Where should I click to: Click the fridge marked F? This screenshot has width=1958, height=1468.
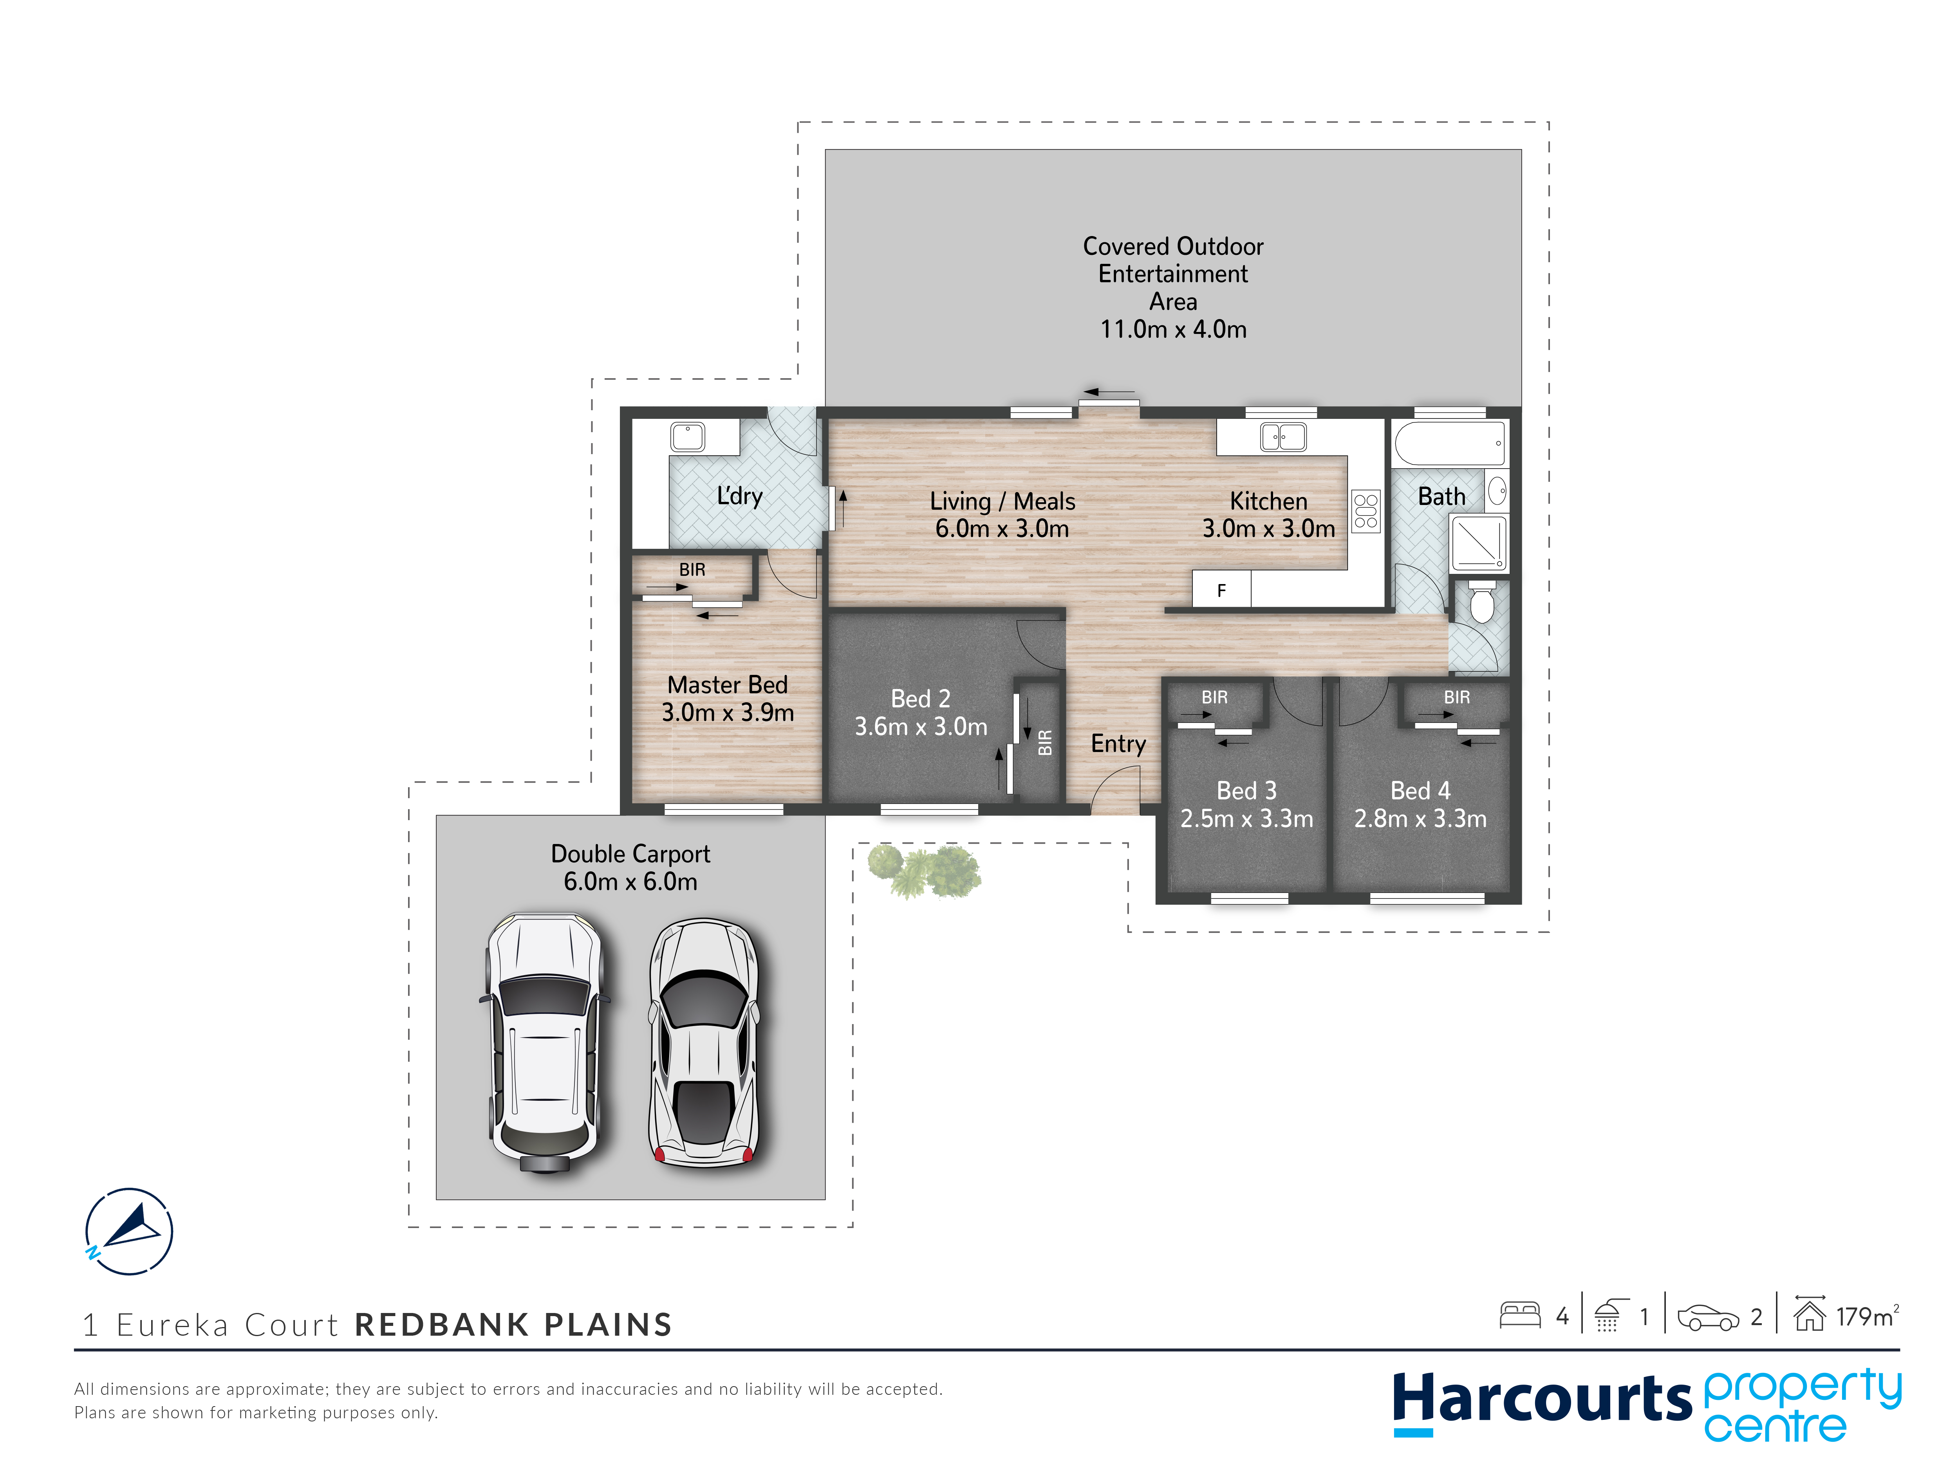(1221, 589)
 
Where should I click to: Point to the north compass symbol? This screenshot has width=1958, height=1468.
(129, 1231)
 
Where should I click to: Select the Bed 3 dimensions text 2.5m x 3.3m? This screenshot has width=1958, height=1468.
(1246, 819)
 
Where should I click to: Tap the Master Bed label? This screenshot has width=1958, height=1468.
(728, 685)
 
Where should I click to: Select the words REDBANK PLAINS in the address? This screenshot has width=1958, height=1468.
(513, 1325)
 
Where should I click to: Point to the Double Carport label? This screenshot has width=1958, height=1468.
(630, 854)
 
